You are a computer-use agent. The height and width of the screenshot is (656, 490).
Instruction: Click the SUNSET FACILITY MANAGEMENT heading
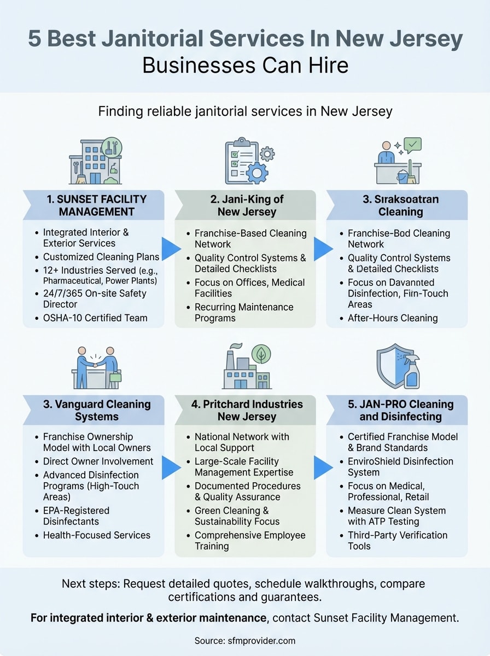pos(94,205)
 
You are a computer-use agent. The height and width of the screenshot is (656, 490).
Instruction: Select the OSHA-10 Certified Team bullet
pos(95,317)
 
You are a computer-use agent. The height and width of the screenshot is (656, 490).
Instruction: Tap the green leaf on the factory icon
pos(261,355)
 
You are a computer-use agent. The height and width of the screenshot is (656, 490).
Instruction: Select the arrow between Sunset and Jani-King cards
pos(171,249)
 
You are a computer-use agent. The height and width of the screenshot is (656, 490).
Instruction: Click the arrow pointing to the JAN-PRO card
pos(324,467)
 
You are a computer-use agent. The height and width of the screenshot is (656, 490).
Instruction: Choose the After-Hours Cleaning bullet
pos(393,318)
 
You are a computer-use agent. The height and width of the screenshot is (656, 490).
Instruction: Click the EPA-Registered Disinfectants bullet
pos(76,516)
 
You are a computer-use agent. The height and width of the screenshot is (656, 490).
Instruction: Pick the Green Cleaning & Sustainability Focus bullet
pos(239,516)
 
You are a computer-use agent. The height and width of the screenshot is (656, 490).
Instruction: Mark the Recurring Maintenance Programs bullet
pos(244,312)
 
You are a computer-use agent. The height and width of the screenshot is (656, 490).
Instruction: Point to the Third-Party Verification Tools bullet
pos(398,540)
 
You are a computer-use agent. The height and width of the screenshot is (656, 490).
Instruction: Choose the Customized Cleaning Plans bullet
pos(101,257)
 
